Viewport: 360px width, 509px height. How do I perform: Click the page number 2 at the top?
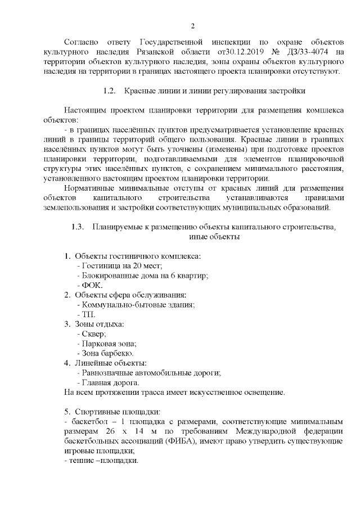point(192,26)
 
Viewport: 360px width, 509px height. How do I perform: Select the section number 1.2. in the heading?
point(110,91)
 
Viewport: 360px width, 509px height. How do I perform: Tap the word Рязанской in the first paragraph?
point(160,52)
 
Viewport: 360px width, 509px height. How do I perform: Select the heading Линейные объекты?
point(111,363)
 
